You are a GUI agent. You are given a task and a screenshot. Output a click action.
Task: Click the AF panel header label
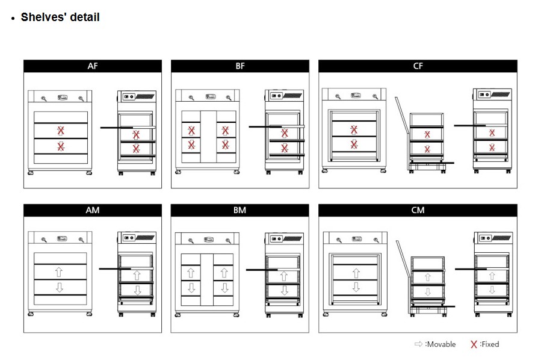(x=92, y=66)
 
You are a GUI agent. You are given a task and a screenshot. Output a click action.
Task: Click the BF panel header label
(x=240, y=66)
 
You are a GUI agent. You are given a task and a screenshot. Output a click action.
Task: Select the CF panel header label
(x=418, y=66)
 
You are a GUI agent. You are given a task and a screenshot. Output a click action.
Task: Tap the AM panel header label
(x=92, y=210)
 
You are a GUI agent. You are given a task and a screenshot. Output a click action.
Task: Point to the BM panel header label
(x=240, y=210)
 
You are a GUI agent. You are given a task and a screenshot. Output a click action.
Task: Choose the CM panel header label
(x=418, y=210)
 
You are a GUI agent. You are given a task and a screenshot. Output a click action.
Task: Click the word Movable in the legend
(x=441, y=344)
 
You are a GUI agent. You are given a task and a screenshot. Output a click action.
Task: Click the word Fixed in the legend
(x=490, y=344)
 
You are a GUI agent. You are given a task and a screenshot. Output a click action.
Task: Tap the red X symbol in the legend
(x=474, y=344)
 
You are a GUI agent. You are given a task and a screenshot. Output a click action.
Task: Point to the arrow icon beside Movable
(x=418, y=344)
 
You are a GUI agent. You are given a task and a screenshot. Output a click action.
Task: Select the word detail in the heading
(x=85, y=17)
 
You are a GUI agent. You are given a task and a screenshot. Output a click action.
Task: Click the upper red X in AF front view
(x=61, y=131)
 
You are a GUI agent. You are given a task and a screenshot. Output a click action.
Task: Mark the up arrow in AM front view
(x=59, y=272)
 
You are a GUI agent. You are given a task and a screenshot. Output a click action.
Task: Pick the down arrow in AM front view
(x=60, y=287)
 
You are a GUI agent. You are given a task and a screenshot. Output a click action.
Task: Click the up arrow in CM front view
(x=356, y=273)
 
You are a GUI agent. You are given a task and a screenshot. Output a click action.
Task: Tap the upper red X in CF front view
(x=353, y=129)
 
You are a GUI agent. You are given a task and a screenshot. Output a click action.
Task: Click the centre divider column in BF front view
(x=208, y=137)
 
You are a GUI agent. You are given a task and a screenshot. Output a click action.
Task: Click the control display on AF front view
(x=63, y=98)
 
